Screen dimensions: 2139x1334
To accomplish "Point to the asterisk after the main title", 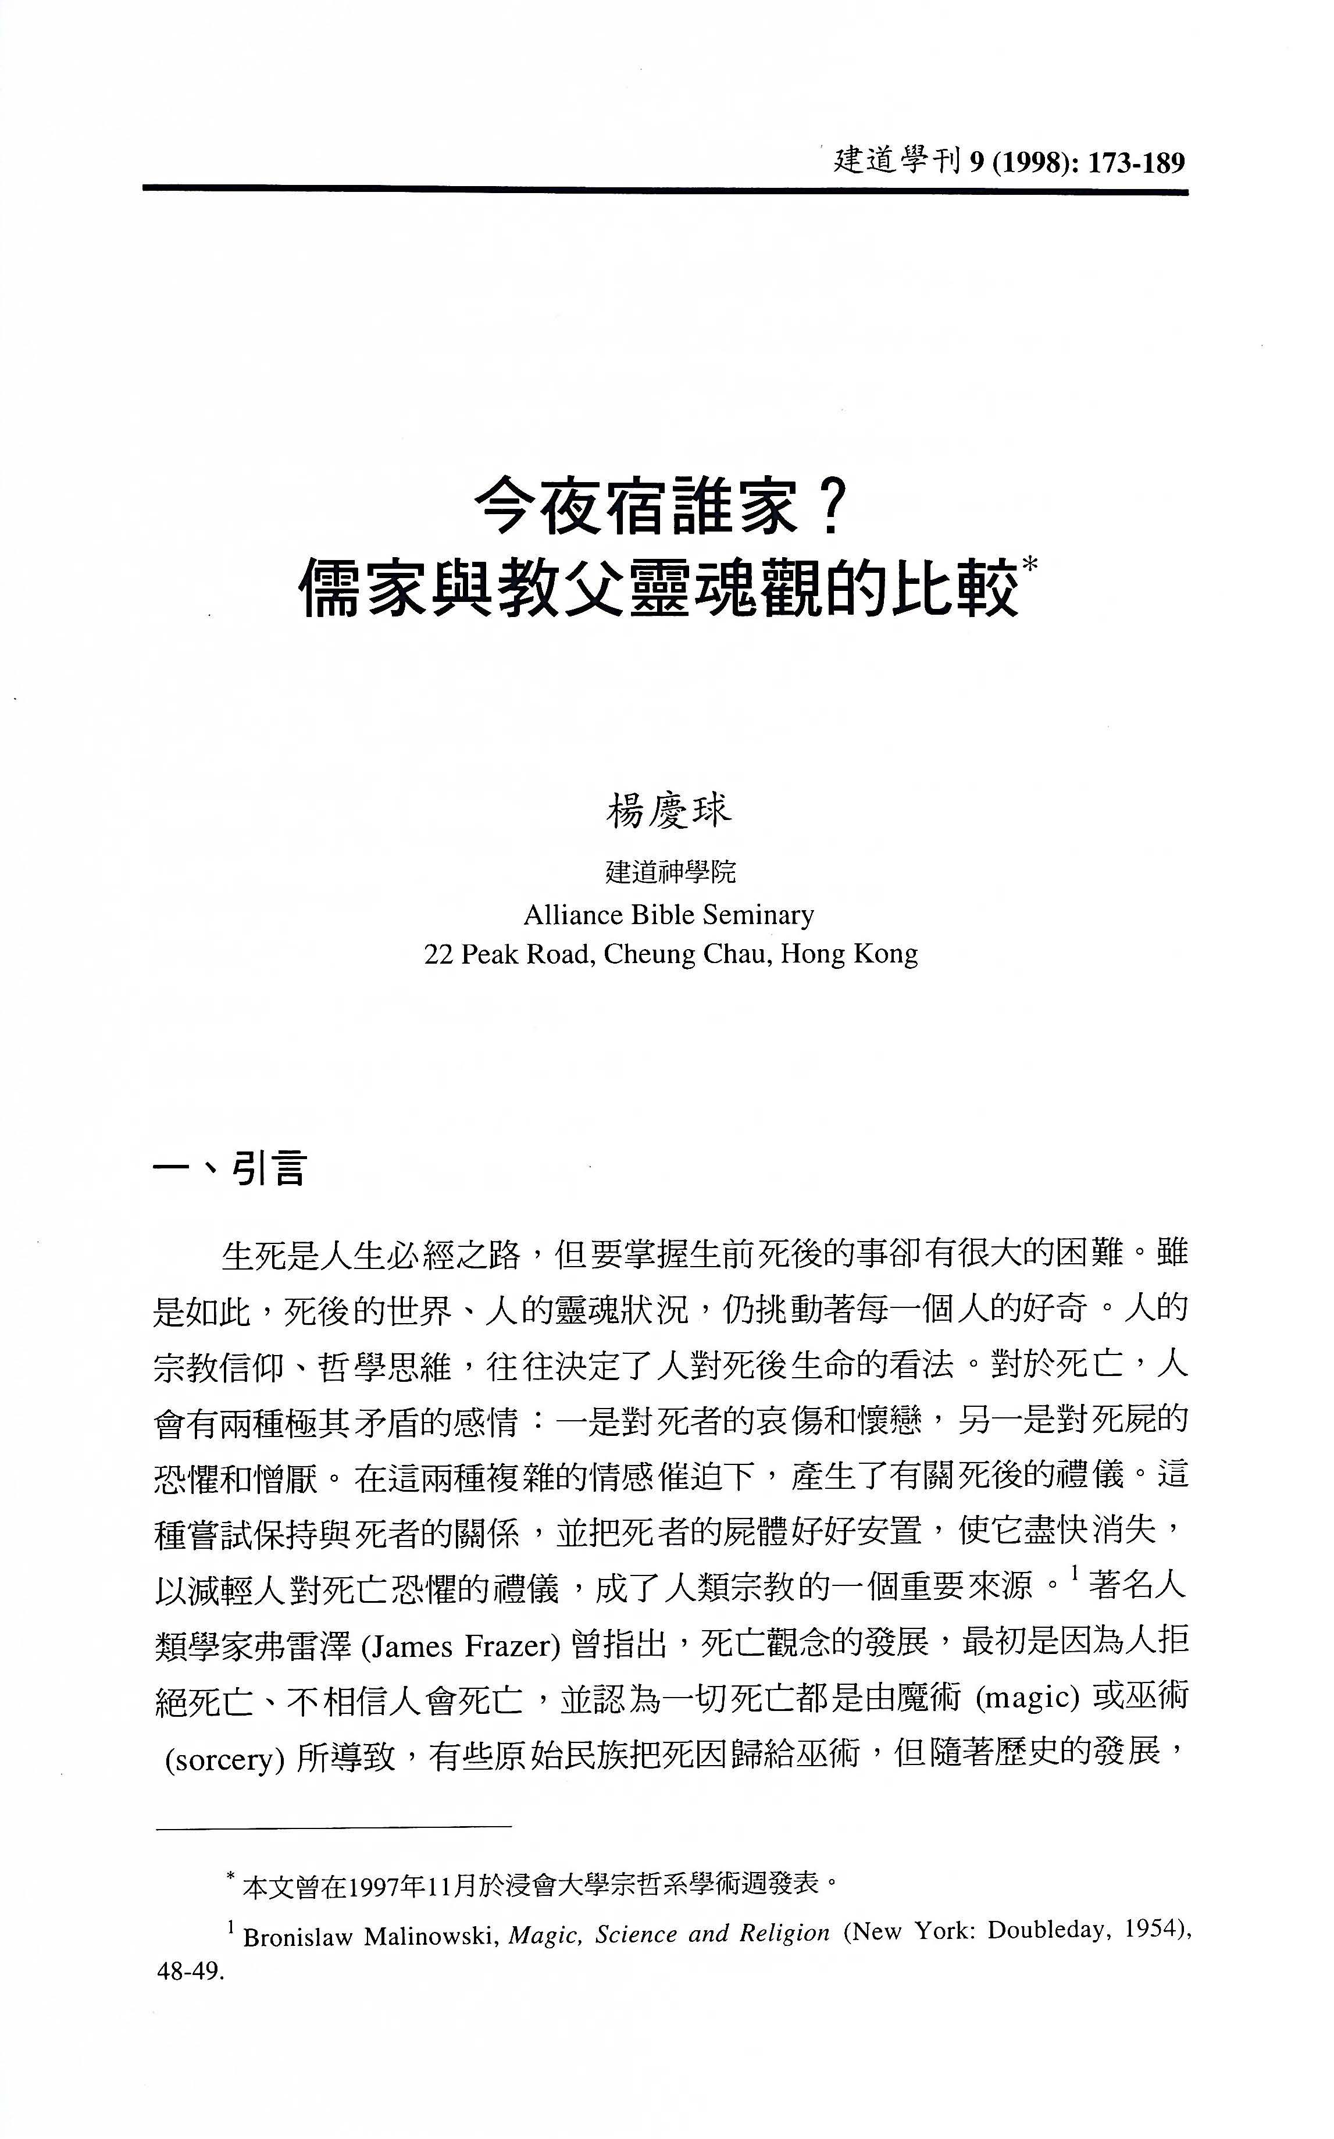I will coord(1030,565).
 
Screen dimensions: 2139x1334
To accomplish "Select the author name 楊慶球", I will coord(668,811).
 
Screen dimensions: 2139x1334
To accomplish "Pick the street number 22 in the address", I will coord(438,954).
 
